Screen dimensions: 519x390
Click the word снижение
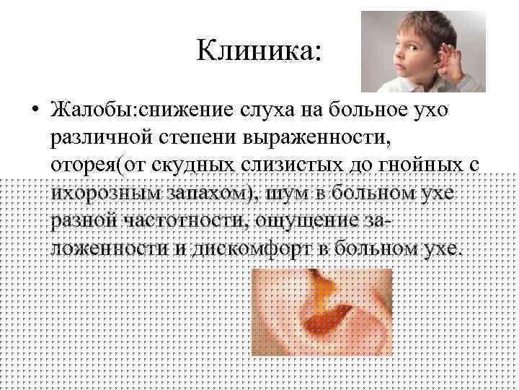coord(186,110)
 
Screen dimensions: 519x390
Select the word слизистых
coord(292,165)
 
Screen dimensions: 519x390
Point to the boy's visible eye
coord(412,48)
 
